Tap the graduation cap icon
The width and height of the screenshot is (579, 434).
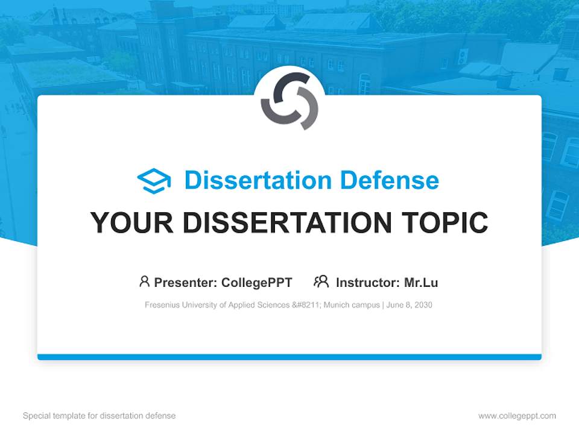[154, 181]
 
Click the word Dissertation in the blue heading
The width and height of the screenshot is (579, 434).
[258, 180]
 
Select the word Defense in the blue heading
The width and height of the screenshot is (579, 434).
[390, 180]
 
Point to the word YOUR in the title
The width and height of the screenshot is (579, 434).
[132, 222]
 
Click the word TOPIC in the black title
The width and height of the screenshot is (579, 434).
[445, 222]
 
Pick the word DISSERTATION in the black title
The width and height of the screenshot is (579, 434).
[287, 222]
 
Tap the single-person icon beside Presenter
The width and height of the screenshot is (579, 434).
[144, 281]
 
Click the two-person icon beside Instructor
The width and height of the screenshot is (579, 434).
[321, 281]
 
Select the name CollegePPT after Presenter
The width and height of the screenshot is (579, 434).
[257, 283]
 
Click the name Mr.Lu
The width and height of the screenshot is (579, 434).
[421, 283]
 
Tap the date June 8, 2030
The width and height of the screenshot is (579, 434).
[409, 305]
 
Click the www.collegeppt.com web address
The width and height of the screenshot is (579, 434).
[517, 416]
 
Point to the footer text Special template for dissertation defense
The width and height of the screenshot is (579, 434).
[100, 416]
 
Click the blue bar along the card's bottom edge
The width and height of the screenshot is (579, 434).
[289, 357]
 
